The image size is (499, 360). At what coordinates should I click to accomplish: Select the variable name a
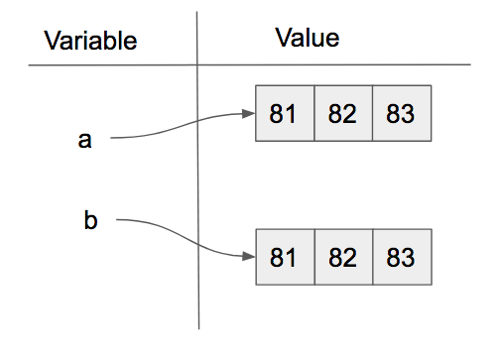pyautogui.click(x=84, y=140)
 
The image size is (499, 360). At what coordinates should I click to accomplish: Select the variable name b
pyautogui.click(x=91, y=220)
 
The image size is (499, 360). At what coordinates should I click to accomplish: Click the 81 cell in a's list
pyautogui.click(x=284, y=113)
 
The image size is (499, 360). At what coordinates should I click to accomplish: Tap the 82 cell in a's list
pyautogui.click(x=342, y=113)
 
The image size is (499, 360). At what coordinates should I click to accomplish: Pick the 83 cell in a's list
pyautogui.click(x=401, y=113)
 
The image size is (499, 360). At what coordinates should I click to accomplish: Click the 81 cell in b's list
pyautogui.click(x=284, y=258)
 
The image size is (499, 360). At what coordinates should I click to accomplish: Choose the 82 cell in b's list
pyautogui.click(x=342, y=258)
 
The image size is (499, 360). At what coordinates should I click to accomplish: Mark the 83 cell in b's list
pyautogui.click(x=401, y=258)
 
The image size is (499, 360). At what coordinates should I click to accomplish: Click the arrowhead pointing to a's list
pyautogui.click(x=249, y=113)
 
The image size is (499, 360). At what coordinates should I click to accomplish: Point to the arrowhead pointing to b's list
pyautogui.click(x=249, y=258)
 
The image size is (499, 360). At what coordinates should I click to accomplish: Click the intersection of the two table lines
pyautogui.click(x=198, y=65)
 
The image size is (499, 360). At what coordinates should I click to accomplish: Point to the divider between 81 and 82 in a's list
pyautogui.click(x=313, y=113)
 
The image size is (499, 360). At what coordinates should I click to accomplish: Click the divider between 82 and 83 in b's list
pyautogui.click(x=372, y=258)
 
